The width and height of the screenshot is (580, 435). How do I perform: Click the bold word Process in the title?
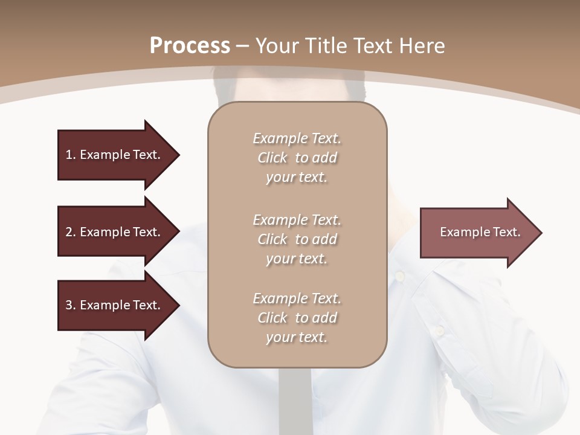[x=190, y=46]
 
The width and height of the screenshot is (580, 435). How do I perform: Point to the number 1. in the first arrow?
[x=71, y=155]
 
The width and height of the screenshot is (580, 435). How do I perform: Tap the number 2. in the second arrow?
[x=71, y=232]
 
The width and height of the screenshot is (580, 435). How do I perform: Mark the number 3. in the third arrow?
[x=71, y=305]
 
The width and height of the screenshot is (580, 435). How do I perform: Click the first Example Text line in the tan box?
[x=297, y=138]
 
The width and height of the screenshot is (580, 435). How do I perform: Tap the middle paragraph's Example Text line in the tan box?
[x=297, y=219]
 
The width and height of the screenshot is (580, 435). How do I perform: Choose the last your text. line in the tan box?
[x=297, y=337]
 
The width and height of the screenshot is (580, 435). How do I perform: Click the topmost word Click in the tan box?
[x=272, y=158]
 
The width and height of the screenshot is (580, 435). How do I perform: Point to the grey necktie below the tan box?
[x=295, y=399]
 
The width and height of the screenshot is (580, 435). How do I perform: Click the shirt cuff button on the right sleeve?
[x=440, y=330]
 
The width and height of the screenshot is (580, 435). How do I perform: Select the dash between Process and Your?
[x=243, y=47]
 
